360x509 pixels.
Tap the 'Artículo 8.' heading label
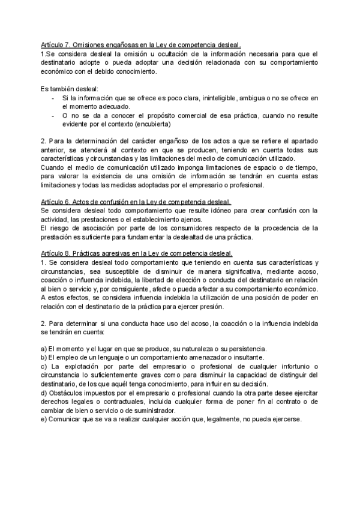tap(55, 254)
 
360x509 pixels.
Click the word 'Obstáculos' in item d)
tap(67, 393)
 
